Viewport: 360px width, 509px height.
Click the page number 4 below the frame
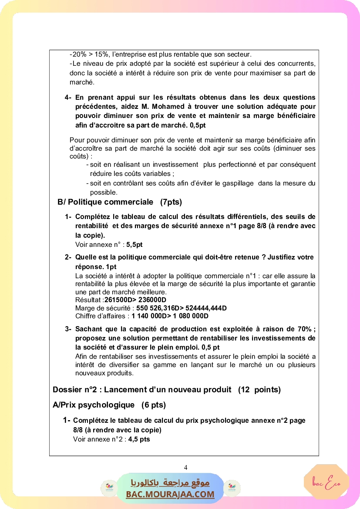186,468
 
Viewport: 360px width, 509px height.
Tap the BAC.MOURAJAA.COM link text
170,494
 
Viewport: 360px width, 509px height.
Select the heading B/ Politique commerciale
105,202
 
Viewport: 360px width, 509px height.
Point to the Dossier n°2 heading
142,390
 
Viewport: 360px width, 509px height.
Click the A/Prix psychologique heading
94,405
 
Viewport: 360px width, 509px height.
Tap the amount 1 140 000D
151,316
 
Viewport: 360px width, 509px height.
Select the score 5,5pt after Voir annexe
135,245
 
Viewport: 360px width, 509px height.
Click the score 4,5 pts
139,439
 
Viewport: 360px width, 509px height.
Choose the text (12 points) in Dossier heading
259,390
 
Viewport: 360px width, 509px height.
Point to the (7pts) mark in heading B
171,202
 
